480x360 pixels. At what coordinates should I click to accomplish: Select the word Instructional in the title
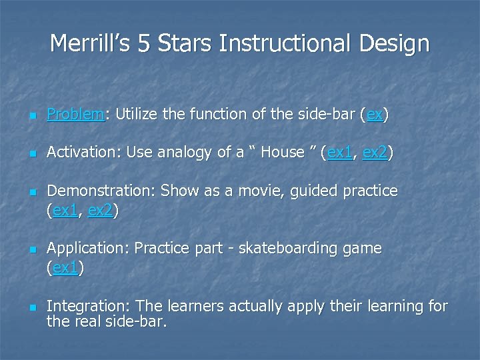285,44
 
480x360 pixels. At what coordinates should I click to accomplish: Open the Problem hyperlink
75,115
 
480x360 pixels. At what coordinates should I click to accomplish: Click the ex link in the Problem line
374,115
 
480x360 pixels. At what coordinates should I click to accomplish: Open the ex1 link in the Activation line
340,153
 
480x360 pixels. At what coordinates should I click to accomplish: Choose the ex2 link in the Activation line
375,153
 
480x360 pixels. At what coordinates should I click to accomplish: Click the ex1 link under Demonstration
65,211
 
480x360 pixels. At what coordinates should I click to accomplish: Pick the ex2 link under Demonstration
100,211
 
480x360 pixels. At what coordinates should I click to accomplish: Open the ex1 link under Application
65,269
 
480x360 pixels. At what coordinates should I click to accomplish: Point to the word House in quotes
282,153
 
